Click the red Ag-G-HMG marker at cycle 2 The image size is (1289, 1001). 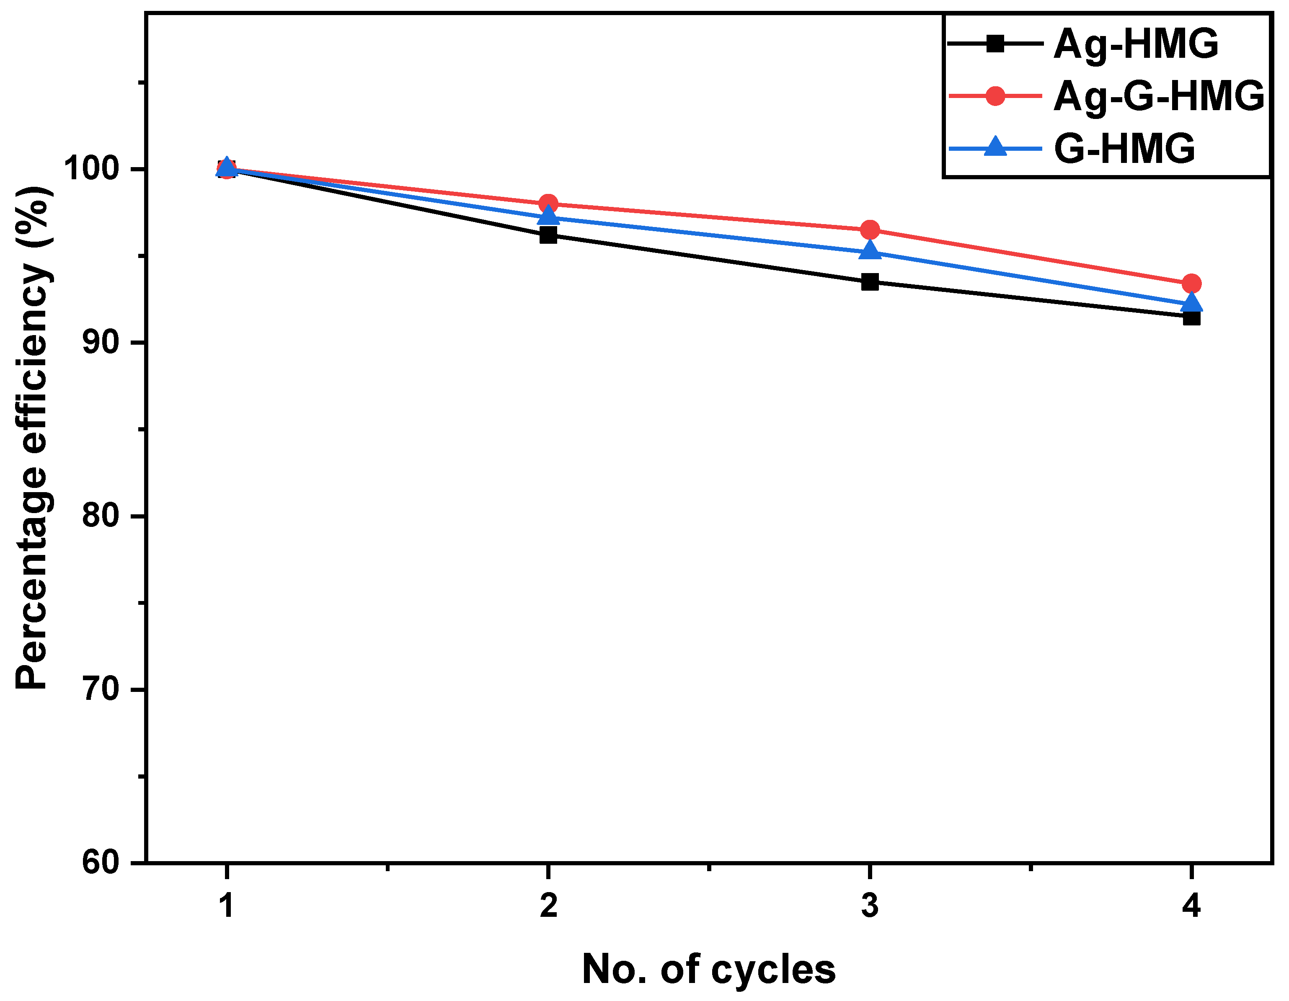[x=548, y=204]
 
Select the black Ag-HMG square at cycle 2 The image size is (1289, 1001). [x=548, y=235]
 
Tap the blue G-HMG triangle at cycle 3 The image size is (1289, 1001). [x=870, y=250]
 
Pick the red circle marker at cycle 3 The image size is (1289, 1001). [x=870, y=230]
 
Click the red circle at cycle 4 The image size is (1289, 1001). [x=1192, y=283]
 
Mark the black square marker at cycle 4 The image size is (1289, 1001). [x=1192, y=317]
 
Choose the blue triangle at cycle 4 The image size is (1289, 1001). [x=1192, y=303]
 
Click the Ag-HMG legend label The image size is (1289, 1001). [x=1136, y=44]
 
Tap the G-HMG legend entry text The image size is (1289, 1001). [x=1125, y=148]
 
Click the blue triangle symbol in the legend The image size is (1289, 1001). [x=996, y=146]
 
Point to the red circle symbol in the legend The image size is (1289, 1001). [x=996, y=95]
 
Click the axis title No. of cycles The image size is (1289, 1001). [x=708, y=970]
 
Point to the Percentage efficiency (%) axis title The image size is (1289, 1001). [x=32, y=437]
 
